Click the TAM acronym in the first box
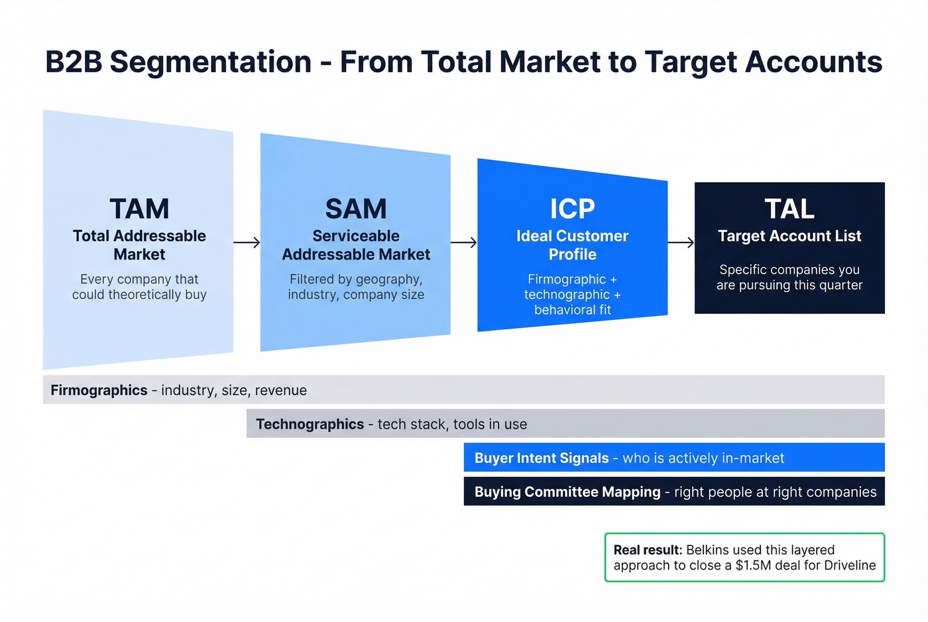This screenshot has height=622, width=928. pyautogui.click(x=139, y=209)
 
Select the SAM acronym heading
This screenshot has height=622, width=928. pyautogui.click(x=356, y=209)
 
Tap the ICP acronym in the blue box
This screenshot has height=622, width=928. pyautogui.click(x=572, y=209)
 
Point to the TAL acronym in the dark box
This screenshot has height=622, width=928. pyautogui.click(x=789, y=209)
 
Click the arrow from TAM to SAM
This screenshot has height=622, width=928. pyautogui.click(x=247, y=243)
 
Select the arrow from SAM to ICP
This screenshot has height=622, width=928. pyautogui.click(x=463, y=243)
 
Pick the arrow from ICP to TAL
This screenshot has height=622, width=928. pyautogui.click(x=681, y=243)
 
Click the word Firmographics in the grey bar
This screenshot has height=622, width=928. pyautogui.click(x=99, y=390)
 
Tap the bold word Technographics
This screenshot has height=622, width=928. pyautogui.click(x=310, y=424)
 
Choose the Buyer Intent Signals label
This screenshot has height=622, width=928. pyautogui.click(x=541, y=458)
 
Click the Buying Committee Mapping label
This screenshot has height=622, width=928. pyautogui.click(x=567, y=492)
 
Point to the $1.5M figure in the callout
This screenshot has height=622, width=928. pyautogui.click(x=753, y=566)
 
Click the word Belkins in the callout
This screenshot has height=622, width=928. pyautogui.click(x=708, y=550)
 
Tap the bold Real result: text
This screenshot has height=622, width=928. pyautogui.click(x=648, y=550)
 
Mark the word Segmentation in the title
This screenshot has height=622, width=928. pyautogui.click(x=211, y=62)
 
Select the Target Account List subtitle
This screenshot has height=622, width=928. pyautogui.click(x=789, y=236)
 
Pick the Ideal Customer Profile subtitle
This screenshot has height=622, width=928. pyautogui.click(x=572, y=245)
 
